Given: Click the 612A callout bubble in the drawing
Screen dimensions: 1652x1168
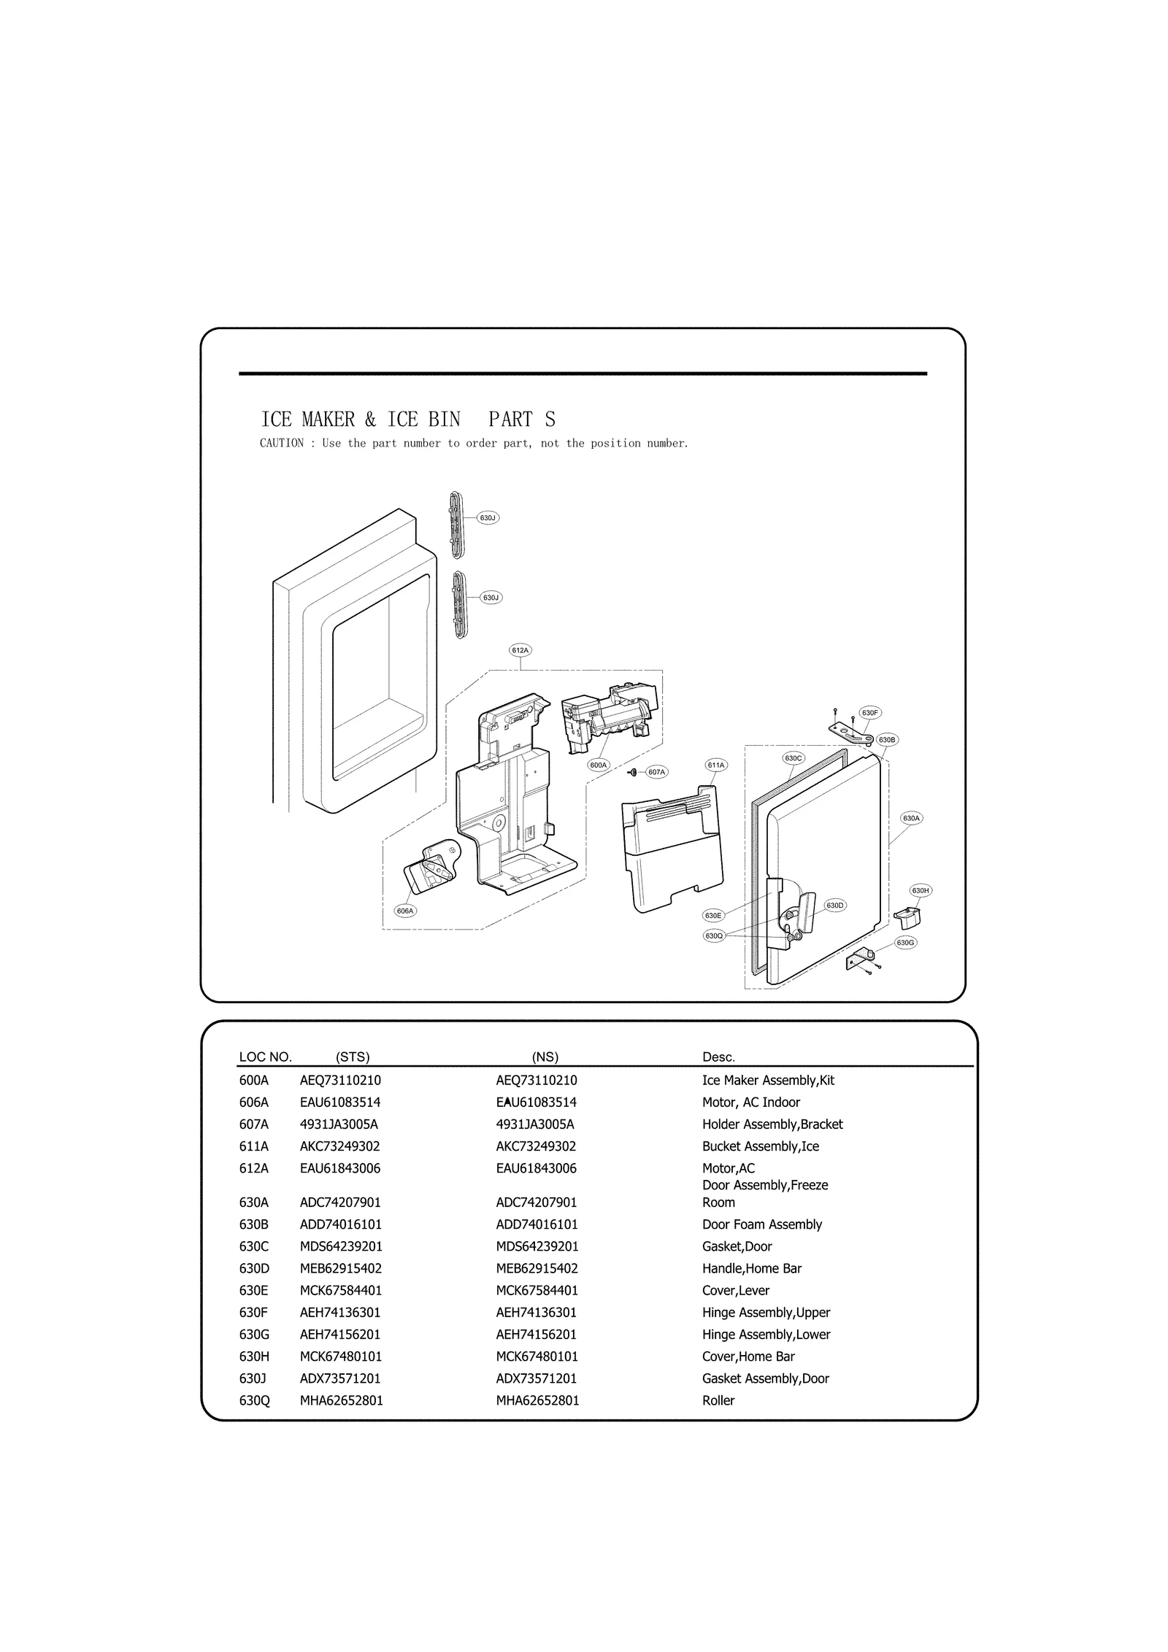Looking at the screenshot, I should (x=520, y=649).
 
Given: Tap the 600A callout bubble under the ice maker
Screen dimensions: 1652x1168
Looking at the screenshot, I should (x=598, y=765).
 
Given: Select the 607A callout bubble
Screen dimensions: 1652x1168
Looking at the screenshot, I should (x=657, y=771).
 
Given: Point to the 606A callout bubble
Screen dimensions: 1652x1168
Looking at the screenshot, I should (x=405, y=911).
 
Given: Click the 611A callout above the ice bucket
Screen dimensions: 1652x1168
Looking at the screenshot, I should (x=715, y=765).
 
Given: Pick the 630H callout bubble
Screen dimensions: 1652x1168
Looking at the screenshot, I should (x=921, y=890).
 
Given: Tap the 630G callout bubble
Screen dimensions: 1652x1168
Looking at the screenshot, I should (x=905, y=942).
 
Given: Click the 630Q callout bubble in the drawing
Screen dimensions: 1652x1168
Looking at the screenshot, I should (x=713, y=935).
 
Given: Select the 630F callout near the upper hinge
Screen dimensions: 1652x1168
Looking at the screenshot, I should (x=869, y=712).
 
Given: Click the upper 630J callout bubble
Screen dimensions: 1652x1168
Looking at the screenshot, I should (x=488, y=517).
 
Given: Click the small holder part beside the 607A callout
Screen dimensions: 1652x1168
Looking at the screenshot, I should (x=633, y=772).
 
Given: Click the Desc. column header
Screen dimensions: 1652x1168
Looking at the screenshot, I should (x=718, y=1057).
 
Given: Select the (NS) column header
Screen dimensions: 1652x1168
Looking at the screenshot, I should (x=545, y=1057).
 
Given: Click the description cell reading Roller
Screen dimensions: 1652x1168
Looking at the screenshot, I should (x=718, y=1400).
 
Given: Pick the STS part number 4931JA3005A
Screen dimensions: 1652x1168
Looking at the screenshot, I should (x=339, y=1124).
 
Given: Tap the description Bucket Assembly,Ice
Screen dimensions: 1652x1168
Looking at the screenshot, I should (x=760, y=1146).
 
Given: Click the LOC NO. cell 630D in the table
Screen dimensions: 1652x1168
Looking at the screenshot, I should (x=255, y=1268).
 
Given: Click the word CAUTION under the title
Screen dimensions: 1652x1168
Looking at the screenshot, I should (x=282, y=443).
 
